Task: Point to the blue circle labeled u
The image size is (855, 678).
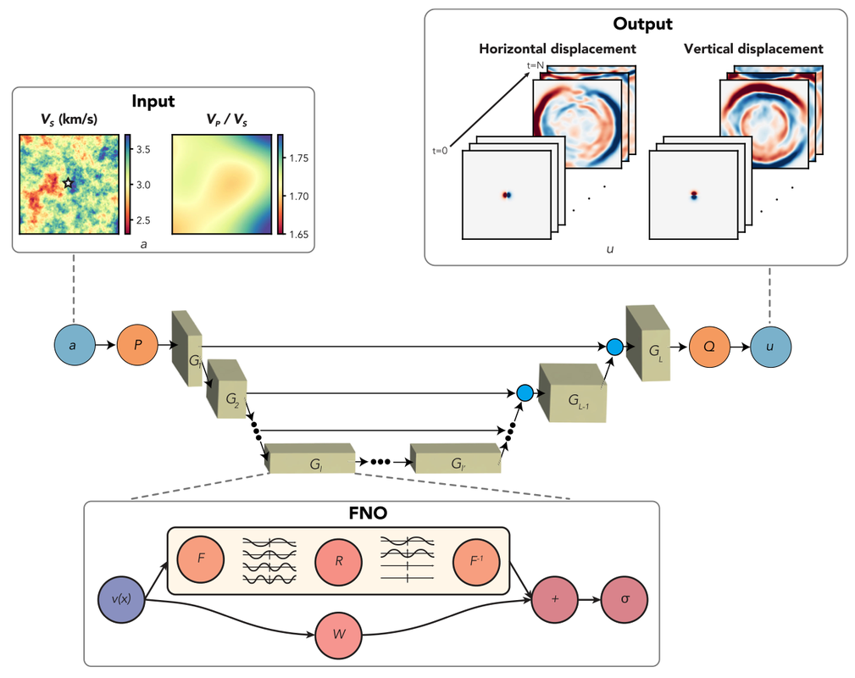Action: tap(769, 347)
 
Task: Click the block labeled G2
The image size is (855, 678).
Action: tap(226, 389)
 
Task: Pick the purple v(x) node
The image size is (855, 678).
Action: tap(122, 600)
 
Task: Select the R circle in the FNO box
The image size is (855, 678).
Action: tap(338, 561)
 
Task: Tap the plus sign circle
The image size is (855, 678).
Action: tap(554, 600)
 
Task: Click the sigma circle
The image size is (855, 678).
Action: tap(625, 600)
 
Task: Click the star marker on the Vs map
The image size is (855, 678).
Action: tap(69, 183)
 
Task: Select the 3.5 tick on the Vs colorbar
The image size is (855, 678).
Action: tap(143, 149)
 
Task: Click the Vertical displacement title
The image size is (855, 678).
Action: tap(753, 49)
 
